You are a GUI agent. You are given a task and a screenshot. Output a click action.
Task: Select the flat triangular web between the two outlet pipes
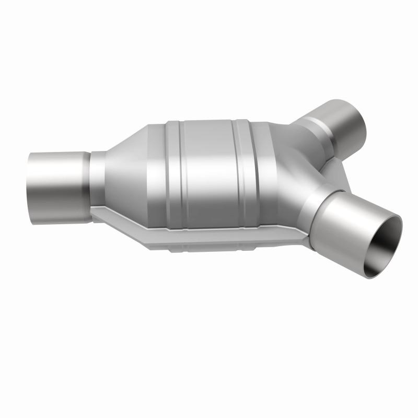(x=334, y=170)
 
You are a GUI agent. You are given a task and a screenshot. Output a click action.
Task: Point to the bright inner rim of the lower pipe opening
(x=400, y=230)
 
